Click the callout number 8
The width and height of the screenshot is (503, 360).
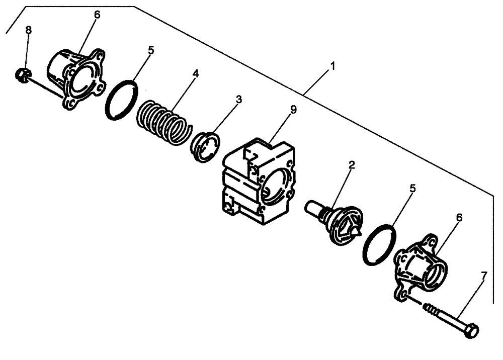point(29,31)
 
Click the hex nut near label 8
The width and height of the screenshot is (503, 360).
point(21,75)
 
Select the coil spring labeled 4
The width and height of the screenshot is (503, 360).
point(162,122)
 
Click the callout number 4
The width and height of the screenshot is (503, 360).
point(196,74)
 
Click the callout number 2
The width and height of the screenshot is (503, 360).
point(352,165)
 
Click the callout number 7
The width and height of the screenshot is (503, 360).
point(484,276)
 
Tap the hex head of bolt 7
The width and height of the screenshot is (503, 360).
point(472,332)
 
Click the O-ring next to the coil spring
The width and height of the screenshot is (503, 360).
point(122,100)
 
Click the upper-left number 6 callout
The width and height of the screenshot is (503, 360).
point(97,15)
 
